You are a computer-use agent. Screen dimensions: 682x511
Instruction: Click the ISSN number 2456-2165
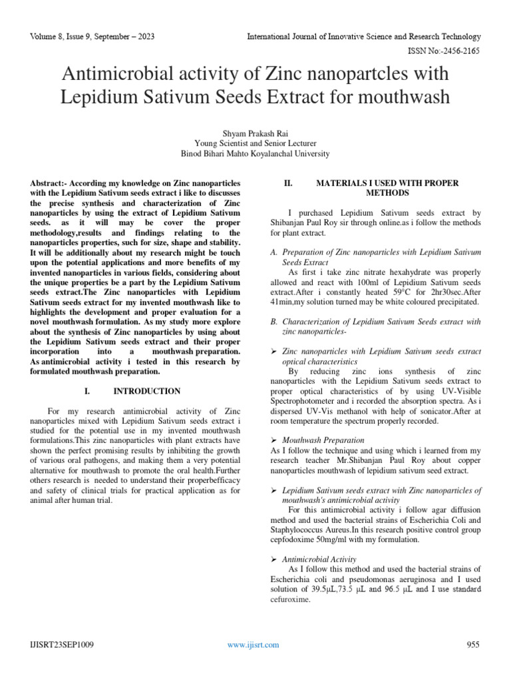459,50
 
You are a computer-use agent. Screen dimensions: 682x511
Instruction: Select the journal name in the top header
363,37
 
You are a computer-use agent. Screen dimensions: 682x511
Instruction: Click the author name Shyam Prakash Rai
255,133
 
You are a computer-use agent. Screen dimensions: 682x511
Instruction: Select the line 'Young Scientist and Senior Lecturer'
255,143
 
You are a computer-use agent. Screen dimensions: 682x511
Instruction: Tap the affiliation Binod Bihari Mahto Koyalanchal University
255,154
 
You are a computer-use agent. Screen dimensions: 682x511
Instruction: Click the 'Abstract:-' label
50,182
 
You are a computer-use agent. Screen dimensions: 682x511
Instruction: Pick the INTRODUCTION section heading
146,391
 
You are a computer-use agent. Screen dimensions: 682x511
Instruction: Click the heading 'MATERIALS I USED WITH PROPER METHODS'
386,188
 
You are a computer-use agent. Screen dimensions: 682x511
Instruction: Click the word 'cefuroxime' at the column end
291,599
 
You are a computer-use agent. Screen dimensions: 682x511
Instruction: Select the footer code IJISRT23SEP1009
61,645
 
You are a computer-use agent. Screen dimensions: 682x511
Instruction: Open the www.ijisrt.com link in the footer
254,645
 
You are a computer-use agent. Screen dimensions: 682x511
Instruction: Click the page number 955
473,645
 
